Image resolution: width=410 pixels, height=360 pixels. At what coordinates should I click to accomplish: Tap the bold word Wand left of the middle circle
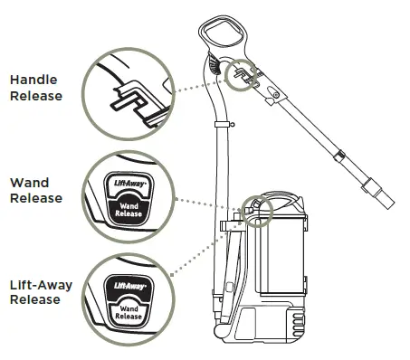29,183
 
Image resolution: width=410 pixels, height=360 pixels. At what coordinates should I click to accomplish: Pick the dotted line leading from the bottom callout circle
195,254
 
